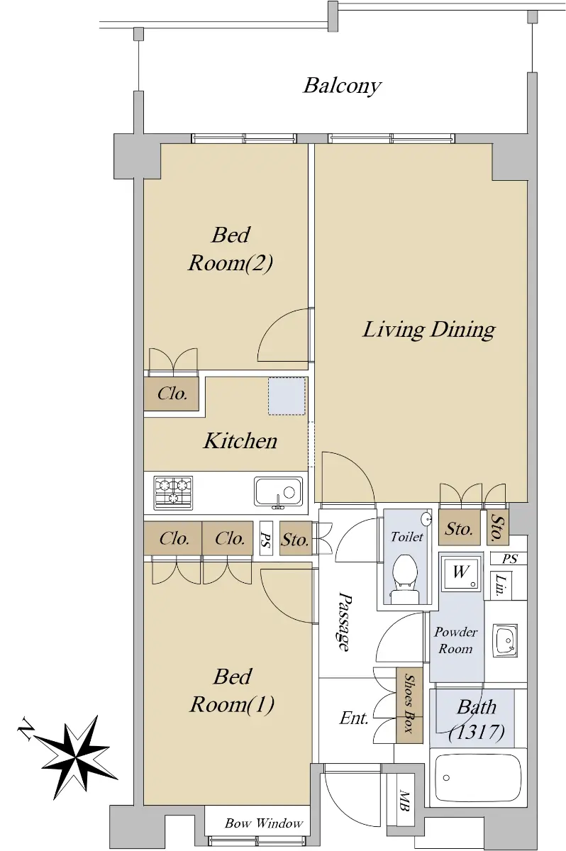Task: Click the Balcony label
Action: (x=342, y=87)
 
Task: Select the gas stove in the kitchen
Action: (x=173, y=493)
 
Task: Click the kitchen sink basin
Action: (x=279, y=493)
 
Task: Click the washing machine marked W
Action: (x=461, y=572)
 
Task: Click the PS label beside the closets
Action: (x=265, y=538)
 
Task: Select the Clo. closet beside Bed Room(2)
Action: (x=172, y=393)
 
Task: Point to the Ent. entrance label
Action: (x=354, y=718)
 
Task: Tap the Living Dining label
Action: (x=428, y=330)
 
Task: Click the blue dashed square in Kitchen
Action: (x=287, y=396)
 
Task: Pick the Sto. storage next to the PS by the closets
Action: (x=295, y=538)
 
